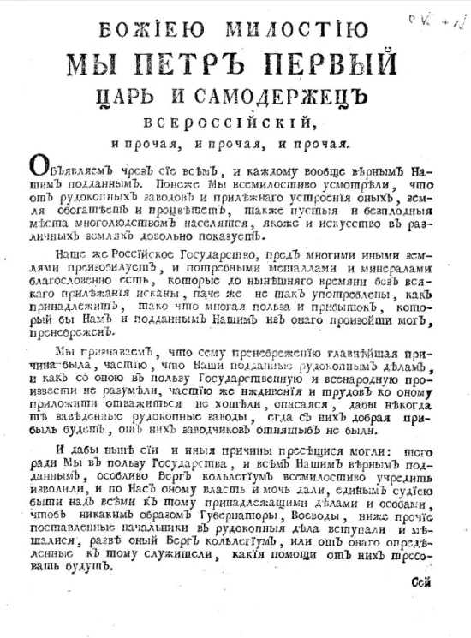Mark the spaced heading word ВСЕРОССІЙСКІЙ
[231, 122]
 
